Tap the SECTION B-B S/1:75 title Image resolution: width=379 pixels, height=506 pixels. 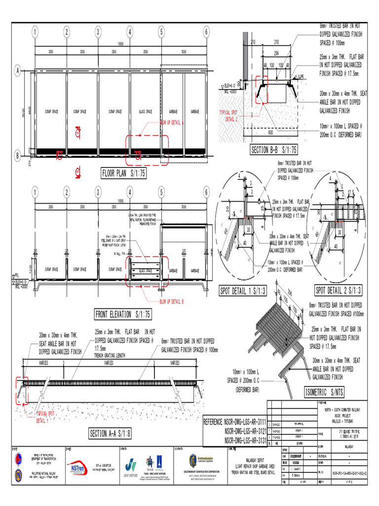(274, 150)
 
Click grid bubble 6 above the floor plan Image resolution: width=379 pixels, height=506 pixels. (206, 32)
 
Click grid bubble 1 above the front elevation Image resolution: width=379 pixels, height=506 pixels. (36, 192)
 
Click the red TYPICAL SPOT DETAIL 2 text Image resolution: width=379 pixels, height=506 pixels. (231, 116)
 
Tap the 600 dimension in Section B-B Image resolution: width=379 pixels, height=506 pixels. (270, 132)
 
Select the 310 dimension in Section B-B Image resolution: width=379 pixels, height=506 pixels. (276, 42)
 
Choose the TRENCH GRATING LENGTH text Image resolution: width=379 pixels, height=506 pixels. (114, 355)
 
